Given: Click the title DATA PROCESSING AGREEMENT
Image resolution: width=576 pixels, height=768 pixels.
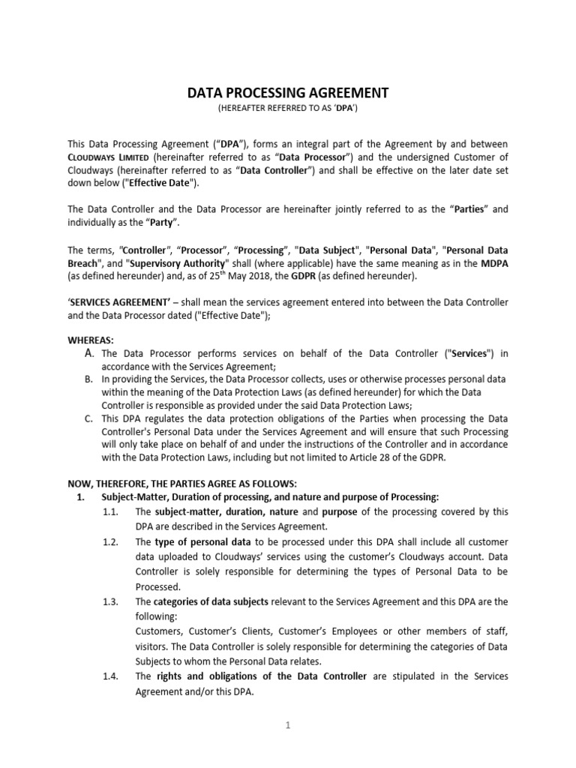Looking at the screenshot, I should pos(287,93).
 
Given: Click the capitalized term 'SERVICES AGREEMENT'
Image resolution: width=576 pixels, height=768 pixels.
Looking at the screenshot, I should pos(114,302).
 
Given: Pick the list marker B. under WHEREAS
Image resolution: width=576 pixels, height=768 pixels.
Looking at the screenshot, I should pos(89,380).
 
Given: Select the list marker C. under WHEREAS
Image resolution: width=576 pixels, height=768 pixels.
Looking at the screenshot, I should pos(89,418).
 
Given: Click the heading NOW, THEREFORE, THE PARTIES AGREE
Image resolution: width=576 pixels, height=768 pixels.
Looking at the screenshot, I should pos(183,484).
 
